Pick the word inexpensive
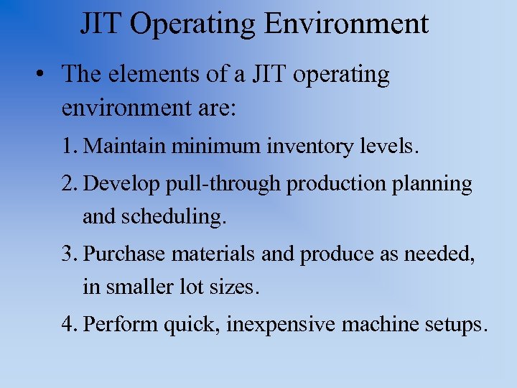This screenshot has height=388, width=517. (280, 325)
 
